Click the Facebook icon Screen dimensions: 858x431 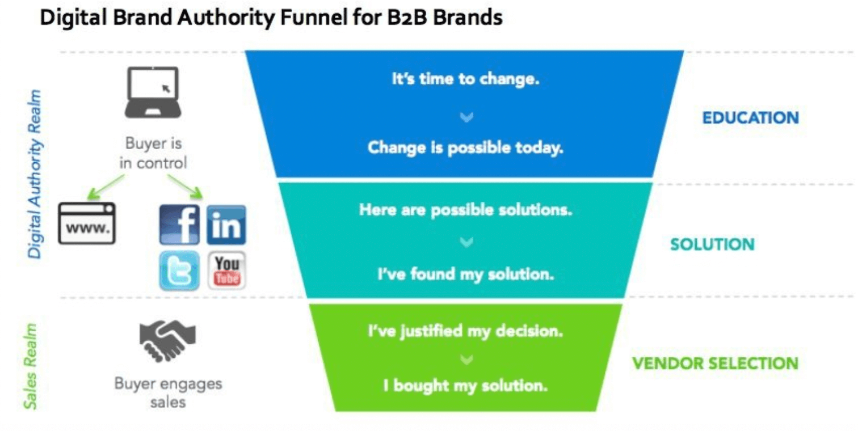179,225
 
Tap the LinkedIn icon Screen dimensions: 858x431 226,225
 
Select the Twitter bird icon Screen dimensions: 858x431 179,271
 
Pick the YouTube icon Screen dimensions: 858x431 227,271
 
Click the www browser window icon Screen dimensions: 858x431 87,223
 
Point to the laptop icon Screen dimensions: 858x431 153,92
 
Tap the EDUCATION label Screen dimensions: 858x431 750,118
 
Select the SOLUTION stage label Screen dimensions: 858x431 712,244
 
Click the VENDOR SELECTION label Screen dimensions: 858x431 715,364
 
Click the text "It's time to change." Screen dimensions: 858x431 465,79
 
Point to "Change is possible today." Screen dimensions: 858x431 465,148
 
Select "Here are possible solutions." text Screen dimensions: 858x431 465,210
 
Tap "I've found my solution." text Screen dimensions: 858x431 466,274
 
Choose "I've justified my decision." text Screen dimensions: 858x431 465,331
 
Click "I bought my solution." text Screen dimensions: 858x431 465,386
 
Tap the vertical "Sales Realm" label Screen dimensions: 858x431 30,366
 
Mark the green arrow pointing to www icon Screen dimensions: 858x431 106,187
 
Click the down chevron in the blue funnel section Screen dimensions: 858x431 466,117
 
